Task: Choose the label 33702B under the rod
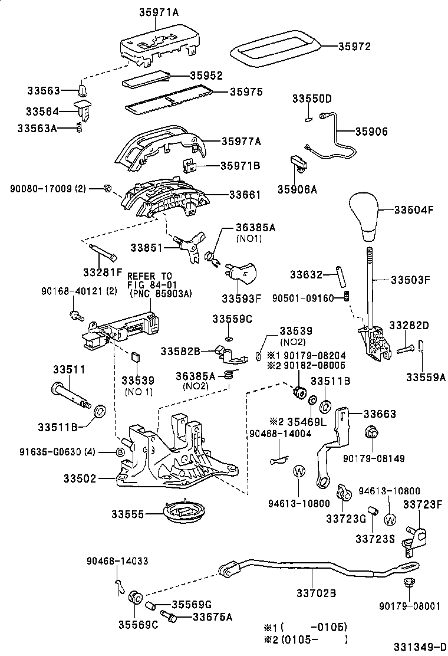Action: point(316,593)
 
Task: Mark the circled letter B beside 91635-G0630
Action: point(120,452)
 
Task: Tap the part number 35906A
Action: point(297,189)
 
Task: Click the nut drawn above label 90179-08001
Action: point(407,583)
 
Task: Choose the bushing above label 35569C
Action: point(136,596)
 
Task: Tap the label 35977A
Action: point(241,141)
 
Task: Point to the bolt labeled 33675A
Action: point(169,617)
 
